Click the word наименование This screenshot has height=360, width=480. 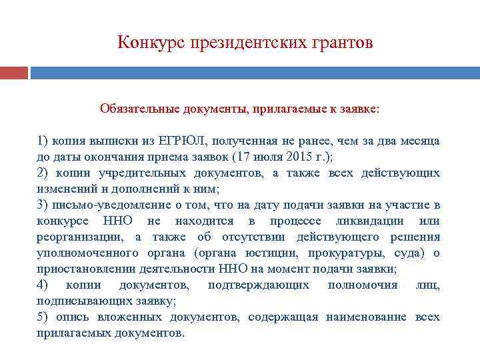pos(368,317)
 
